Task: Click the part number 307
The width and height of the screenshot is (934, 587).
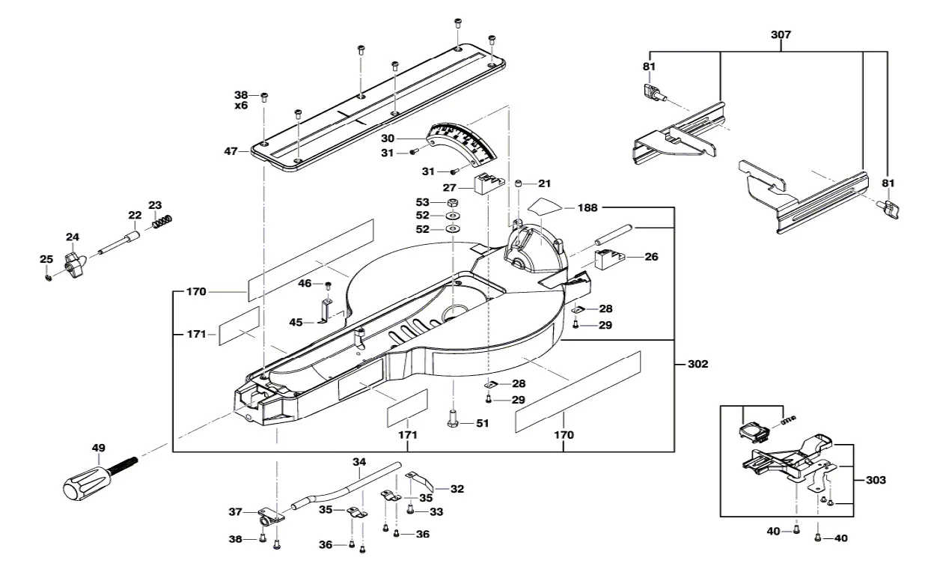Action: point(780,35)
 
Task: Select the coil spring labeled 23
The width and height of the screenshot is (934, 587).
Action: point(161,222)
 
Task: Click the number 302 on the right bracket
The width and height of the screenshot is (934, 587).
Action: point(697,365)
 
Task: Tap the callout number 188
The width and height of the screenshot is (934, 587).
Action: point(587,209)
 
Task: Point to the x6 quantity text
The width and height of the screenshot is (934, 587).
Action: point(241,106)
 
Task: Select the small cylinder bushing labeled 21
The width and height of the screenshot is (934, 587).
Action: point(519,184)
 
